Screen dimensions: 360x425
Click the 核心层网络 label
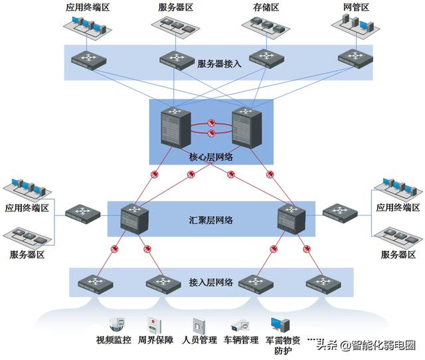212,157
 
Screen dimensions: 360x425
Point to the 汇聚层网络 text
211,219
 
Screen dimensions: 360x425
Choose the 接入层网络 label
211,282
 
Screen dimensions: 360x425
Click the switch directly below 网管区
353,58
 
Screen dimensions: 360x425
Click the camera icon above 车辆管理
239,325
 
